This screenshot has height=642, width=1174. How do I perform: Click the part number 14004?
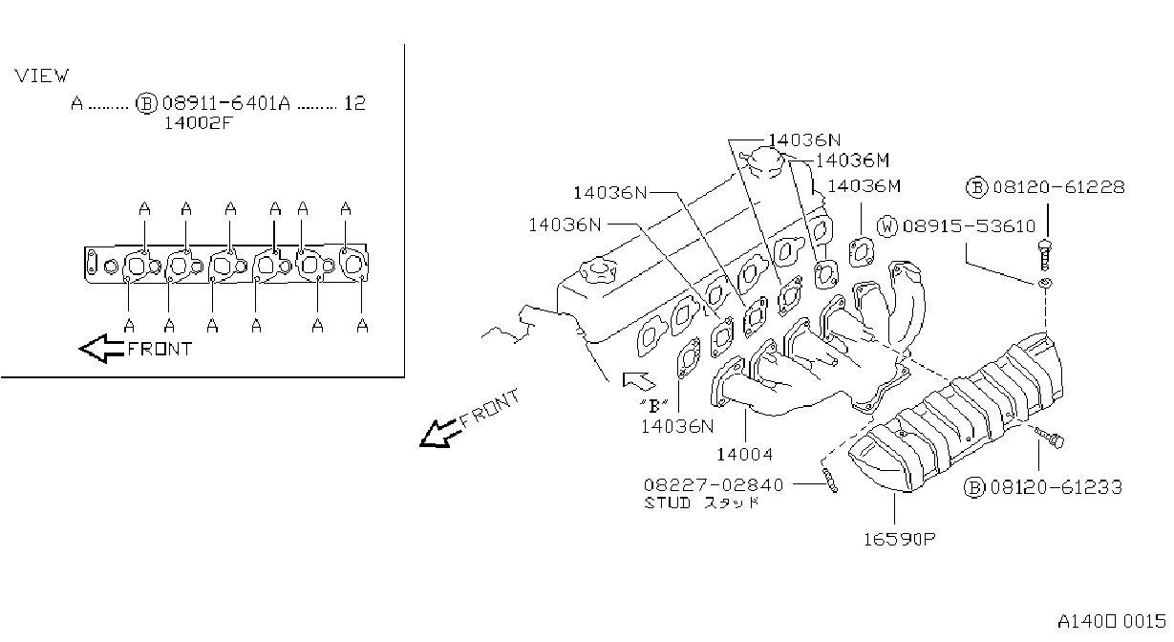pos(745,455)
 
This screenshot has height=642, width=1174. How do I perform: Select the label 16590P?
pos(900,539)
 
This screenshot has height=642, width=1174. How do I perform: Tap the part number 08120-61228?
pos(1058,187)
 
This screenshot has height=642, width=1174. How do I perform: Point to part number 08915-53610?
pos(969,225)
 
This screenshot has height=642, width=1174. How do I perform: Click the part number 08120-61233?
pos(1057,487)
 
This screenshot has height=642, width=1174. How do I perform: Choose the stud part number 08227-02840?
pos(714,484)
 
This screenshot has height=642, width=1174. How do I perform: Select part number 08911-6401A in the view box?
pos(225,103)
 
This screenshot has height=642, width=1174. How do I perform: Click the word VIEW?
pos(41,76)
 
